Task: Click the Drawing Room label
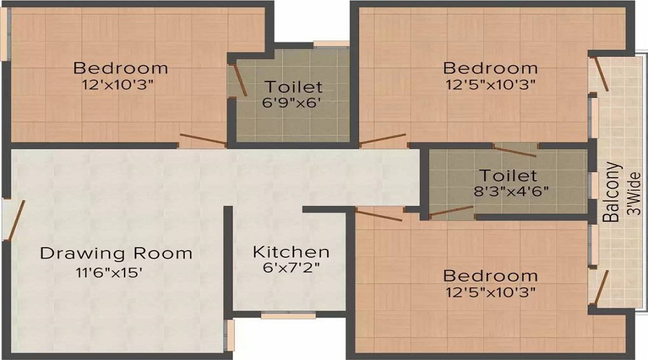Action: (116, 253)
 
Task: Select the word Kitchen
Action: (291, 252)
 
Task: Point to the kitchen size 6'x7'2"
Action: (291, 268)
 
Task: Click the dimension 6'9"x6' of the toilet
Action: (292, 102)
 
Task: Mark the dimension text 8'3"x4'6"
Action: (508, 192)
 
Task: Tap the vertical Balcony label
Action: (613, 192)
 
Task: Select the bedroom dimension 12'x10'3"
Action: (120, 84)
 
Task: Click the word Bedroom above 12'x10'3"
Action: (120, 68)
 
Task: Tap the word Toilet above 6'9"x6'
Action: (292, 87)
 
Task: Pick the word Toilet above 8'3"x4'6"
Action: (508, 176)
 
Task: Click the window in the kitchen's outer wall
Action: (287, 315)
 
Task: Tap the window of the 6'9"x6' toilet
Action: (330, 44)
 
